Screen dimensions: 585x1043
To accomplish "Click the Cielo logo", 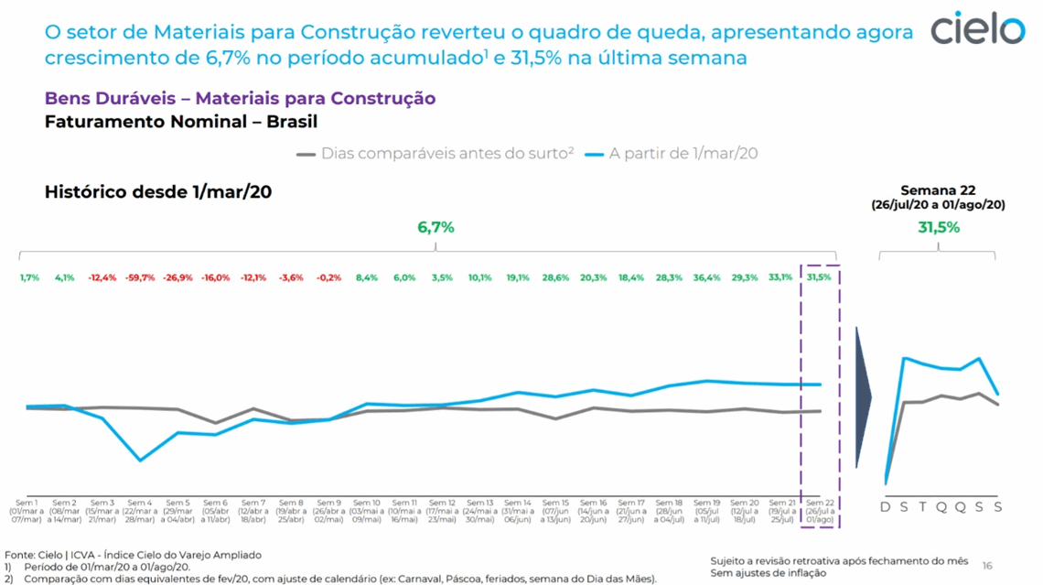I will (978, 29).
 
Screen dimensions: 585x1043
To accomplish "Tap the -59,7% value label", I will (140, 277).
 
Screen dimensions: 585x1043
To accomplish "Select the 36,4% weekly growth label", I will (706, 277).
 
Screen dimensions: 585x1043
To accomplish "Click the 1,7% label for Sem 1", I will (28, 277).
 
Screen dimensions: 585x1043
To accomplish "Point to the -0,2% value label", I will (328, 277).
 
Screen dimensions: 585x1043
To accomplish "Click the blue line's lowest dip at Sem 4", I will (140, 460).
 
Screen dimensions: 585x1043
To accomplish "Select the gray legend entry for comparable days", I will (435, 154).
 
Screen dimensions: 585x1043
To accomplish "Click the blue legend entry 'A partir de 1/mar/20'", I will (672, 154).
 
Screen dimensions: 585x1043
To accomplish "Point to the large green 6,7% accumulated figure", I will (435, 227).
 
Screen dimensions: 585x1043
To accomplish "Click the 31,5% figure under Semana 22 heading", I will (939, 227).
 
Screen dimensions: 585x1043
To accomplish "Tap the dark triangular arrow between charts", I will (863, 397).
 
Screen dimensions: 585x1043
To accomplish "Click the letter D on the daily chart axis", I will (886, 507).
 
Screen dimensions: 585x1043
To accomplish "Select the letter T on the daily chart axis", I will (923, 507).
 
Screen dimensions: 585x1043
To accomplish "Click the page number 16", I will (987, 566).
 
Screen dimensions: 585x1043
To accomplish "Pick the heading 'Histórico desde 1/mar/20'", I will (158, 192).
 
